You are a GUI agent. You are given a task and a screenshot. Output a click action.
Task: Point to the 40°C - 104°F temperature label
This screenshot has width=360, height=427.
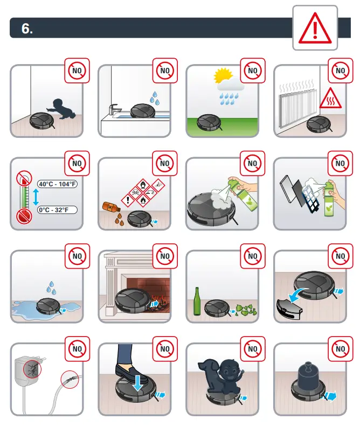pos(57,184)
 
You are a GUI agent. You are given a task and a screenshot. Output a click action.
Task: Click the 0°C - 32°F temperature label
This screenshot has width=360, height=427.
pos(57,210)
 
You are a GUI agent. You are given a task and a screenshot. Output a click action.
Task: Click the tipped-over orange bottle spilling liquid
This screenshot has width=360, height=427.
pos(109,206)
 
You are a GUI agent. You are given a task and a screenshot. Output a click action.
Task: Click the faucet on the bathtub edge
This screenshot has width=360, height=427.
pos(113,110)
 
